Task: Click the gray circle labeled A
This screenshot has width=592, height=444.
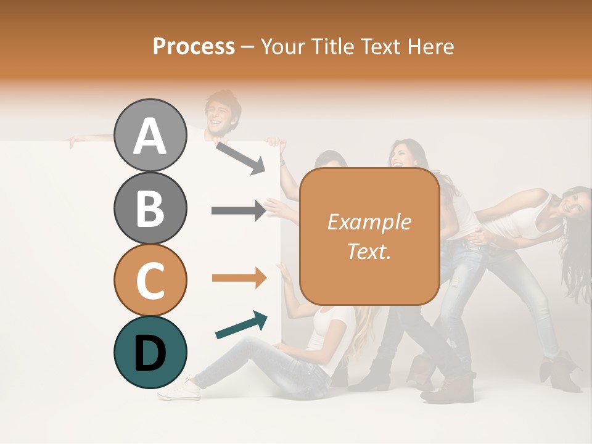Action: (150, 136)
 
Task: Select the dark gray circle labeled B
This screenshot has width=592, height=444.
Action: (150, 208)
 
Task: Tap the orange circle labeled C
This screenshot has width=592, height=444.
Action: (150, 281)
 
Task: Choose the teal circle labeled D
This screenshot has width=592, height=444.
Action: (150, 353)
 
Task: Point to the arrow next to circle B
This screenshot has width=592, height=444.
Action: (239, 211)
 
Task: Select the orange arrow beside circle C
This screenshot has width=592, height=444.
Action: (239, 278)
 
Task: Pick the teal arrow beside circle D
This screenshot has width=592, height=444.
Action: (241, 325)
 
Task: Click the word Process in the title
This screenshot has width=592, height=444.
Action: (194, 46)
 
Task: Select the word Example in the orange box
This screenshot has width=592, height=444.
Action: (369, 222)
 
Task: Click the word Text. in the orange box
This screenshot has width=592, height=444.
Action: (369, 251)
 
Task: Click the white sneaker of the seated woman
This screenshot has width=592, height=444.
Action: (179, 390)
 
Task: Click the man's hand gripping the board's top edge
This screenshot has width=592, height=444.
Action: (74, 141)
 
